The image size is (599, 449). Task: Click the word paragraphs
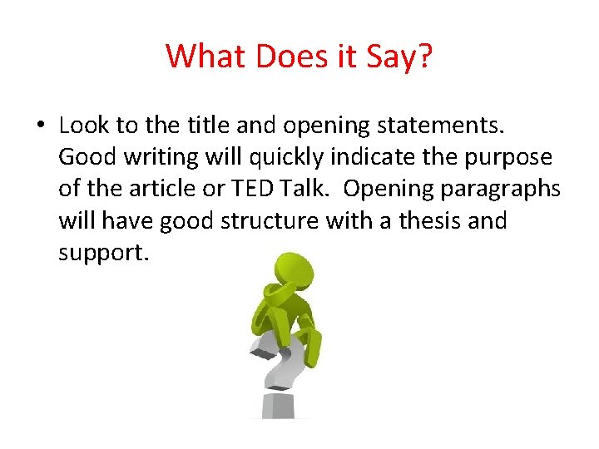pyautogui.click(x=508, y=190)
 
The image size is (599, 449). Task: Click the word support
pyautogui.click(x=103, y=253)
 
